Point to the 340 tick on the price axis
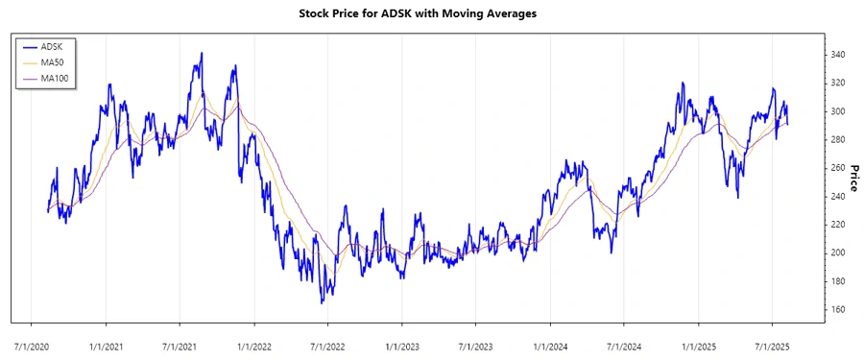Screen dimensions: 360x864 tap(839, 55)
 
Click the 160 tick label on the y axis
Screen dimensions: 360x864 tap(839, 309)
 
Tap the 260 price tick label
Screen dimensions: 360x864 tap(839, 168)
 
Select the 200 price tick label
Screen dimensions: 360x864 tap(839, 252)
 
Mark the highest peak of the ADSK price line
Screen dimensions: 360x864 tap(202, 54)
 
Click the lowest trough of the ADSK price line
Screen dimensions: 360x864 tap(322, 302)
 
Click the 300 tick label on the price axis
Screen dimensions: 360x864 tap(839, 111)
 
